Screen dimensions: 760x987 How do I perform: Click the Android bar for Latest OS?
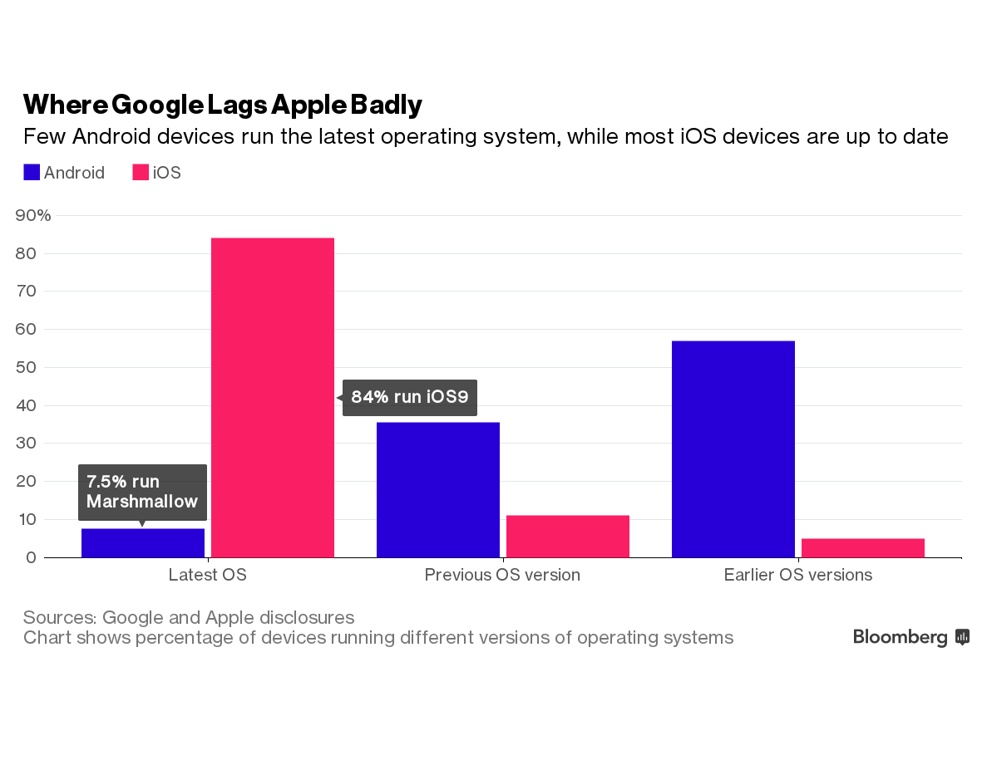143,543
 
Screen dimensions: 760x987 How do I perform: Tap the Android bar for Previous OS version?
438,489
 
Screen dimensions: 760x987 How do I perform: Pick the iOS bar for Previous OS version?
568,537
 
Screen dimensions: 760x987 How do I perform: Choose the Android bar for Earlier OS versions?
733,449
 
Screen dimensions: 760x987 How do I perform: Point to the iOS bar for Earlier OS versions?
863,548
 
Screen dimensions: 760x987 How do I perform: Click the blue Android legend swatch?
32,173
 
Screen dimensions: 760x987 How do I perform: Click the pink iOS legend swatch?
141,173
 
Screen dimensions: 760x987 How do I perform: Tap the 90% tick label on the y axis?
33,215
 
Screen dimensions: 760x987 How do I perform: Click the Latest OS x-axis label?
208,575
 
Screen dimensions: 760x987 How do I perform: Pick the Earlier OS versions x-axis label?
798,575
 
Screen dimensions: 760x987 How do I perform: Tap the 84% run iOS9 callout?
410,397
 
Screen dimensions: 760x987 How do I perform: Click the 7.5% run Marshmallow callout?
142,492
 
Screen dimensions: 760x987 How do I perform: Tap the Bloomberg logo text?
901,637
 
